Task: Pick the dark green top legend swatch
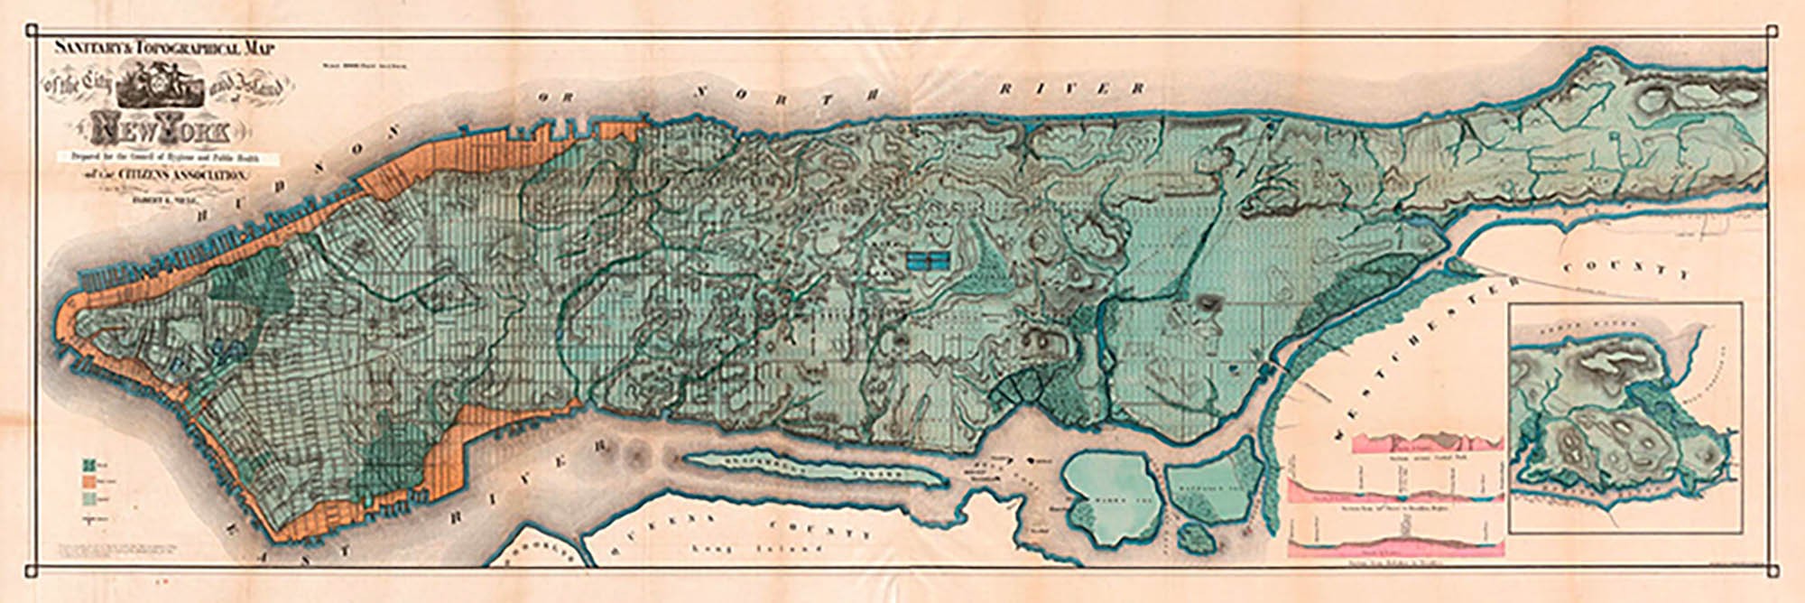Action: coord(89,466)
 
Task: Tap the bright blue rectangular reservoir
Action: coord(928,261)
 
